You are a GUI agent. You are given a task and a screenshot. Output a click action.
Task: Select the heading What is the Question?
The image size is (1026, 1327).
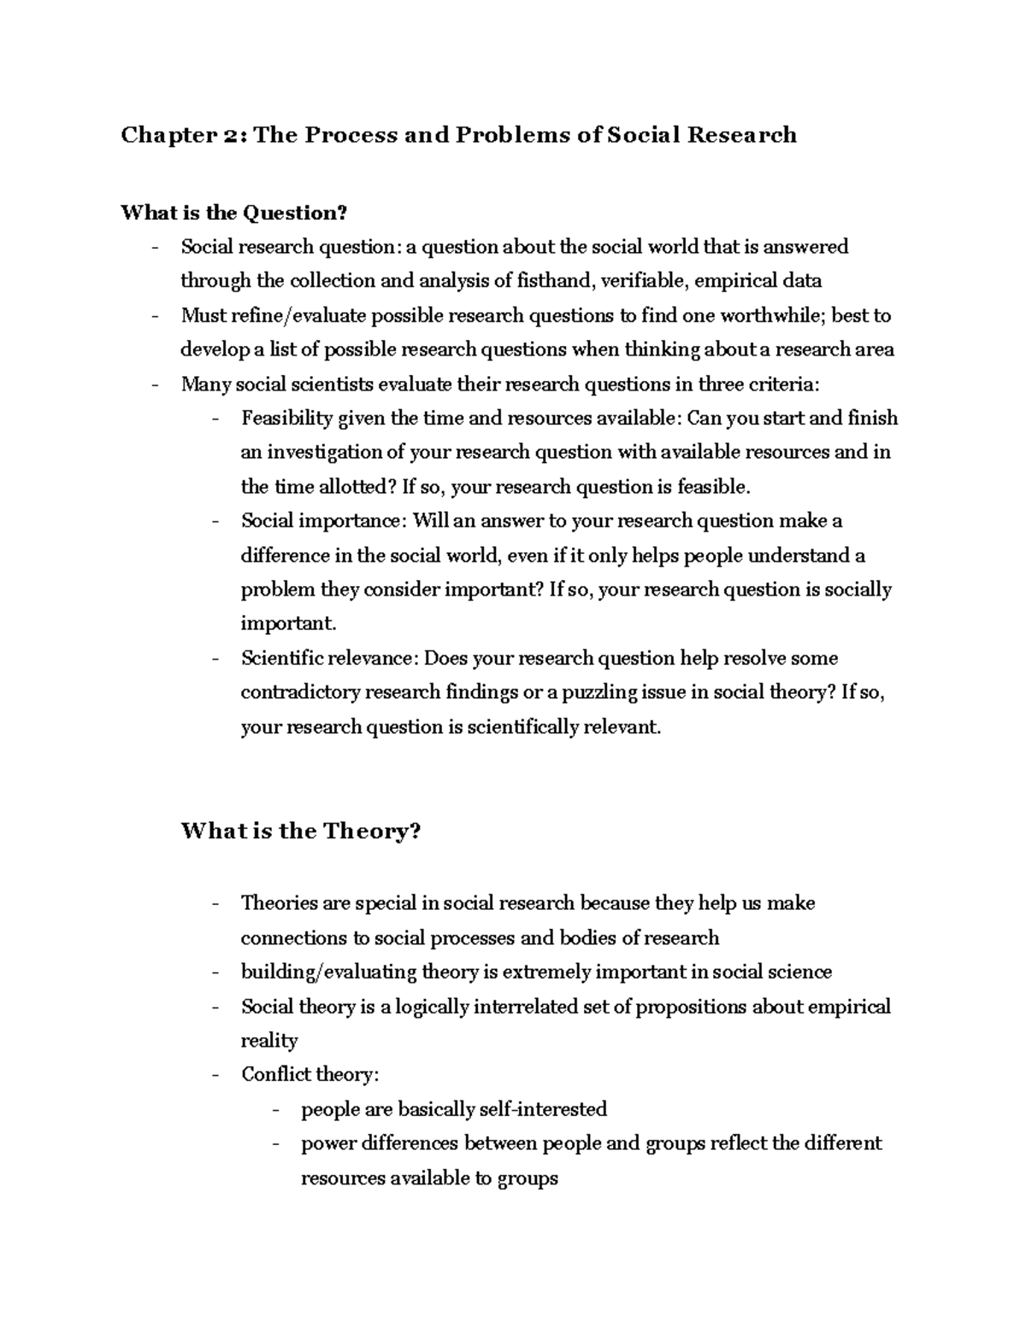(x=235, y=212)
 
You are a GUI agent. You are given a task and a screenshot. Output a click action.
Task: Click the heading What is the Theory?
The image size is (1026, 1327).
(x=301, y=831)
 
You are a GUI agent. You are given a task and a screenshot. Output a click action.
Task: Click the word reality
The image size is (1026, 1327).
(x=269, y=1041)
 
